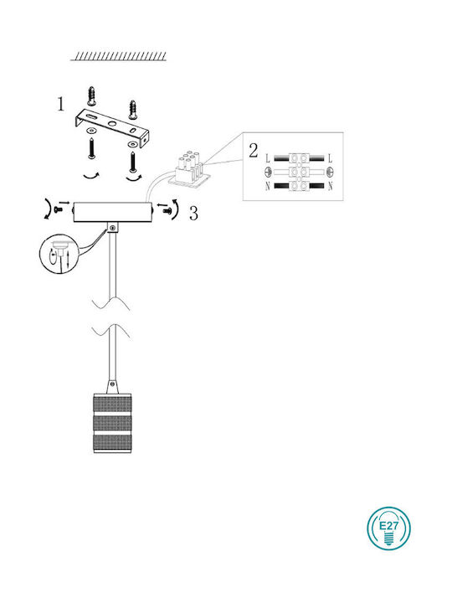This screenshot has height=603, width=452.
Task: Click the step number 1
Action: (x=61, y=104)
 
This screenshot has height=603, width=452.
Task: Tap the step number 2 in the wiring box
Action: (x=254, y=151)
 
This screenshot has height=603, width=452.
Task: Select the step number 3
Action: (x=193, y=214)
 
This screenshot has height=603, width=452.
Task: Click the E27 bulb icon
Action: (x=388, y=528)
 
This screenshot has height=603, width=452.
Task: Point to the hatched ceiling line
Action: (x=118, y=56)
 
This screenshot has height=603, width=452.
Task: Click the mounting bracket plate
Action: (x=111, y=128)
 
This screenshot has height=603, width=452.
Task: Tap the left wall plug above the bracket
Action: (x=91, y=96)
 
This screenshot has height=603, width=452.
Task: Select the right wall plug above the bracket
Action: (x=133, y=109)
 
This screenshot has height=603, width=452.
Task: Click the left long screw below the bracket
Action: (x=91, y=148)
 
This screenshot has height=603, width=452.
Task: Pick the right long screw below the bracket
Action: (x=133, y=162)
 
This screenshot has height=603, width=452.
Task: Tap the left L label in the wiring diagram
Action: (x=268, y=158)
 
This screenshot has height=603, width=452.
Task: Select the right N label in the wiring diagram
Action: (x=330, y=187)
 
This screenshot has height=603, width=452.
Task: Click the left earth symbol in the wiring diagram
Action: (x=269, y=172)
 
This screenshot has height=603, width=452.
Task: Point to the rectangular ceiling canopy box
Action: (x=113, y=212)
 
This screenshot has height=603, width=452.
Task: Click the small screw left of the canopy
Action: (x=59, y=209)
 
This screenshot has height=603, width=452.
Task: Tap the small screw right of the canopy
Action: (x=167, y=210)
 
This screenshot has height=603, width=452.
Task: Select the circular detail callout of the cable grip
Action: (x=59, y=255)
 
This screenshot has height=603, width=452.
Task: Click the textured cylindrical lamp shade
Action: (x=113, y=423)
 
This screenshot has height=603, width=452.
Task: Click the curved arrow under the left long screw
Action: (x=91, y=177)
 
